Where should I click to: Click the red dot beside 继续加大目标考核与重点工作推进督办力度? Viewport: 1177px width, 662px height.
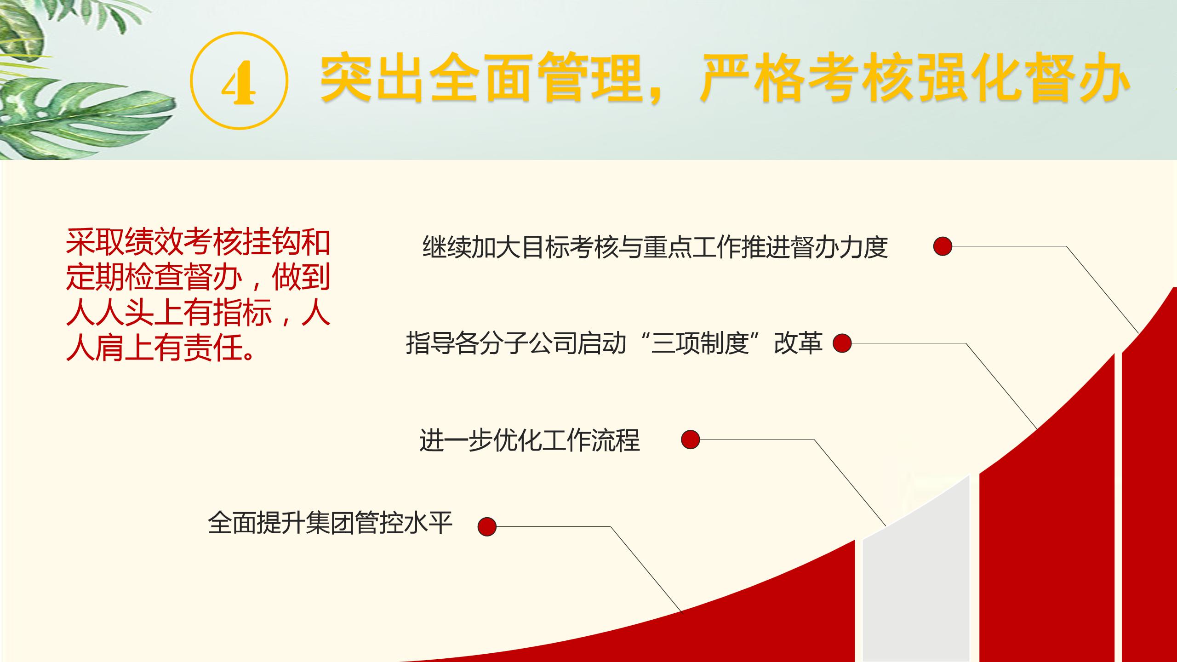click(x=943, y=246)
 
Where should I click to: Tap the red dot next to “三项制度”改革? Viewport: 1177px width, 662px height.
click(x=842, y=343)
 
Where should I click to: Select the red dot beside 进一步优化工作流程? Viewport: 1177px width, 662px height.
click(x=690, y=439)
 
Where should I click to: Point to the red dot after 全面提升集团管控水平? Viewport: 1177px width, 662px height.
click(x=487, y=526)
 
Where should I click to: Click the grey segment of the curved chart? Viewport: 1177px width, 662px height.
click(x=916, y=579)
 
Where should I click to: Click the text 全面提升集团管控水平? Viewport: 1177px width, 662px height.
click(x=330, y=523)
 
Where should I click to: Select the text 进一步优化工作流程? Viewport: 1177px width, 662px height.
click(x=529, y=440)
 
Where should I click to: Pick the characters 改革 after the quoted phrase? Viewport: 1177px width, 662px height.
click(x=798, y=343)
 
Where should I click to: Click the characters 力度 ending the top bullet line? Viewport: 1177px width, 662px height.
click(x=863, y=247)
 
